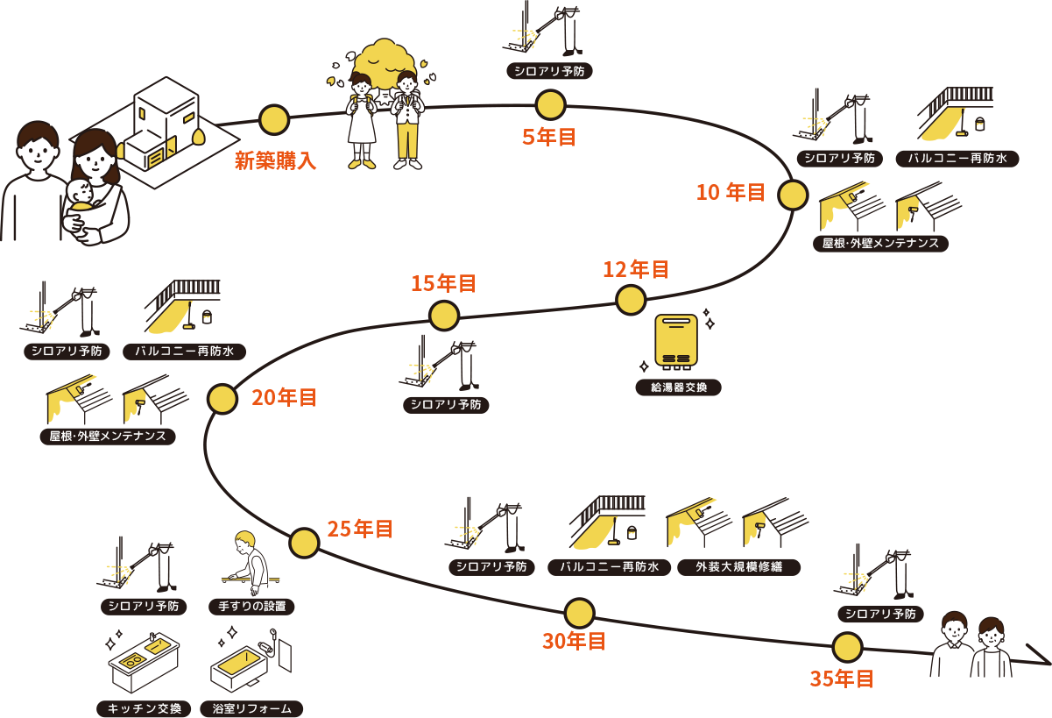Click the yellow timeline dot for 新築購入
274,120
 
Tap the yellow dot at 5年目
550,105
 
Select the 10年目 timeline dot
793,195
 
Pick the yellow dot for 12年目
631,300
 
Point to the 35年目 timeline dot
847,647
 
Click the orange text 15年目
444,283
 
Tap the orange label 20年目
285,397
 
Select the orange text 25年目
360,529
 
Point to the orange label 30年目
575,641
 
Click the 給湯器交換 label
678,387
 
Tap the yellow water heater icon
676,340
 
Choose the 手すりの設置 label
251,607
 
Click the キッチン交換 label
145,708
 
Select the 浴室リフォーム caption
251,708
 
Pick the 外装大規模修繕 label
738,567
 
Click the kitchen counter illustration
144,662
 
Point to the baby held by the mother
81,197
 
